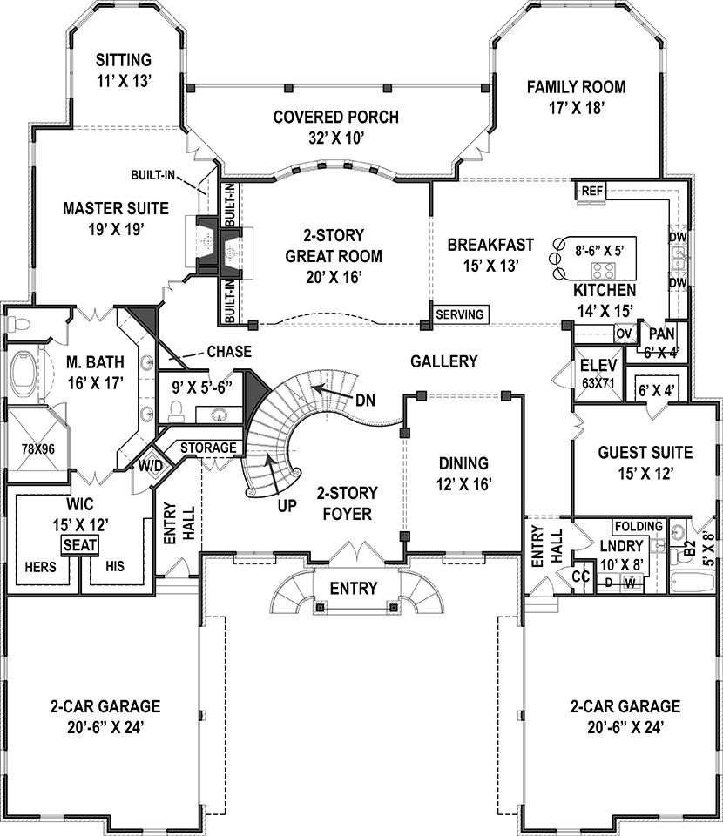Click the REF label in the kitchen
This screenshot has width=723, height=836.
pyautogui.click(x=591, y=191)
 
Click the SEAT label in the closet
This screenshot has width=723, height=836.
pyautogui.click(x=79, y=544)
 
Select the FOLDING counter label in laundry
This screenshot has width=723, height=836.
pyautogui.click(x=638, y=527)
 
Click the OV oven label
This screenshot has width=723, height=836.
pyautogui.click(x=624, y=333)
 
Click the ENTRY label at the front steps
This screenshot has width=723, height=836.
pyautogui.click(x=354, y=589)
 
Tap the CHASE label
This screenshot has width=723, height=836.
pyautogui.click(x=229, y=352)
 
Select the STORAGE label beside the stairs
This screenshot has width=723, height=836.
pyautogui.click(x=208, y=448)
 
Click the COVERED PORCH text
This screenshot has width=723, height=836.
pyautogui.click(x=335, y=117)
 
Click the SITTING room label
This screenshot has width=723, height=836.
pyautogui.click(x=123, y=60)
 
